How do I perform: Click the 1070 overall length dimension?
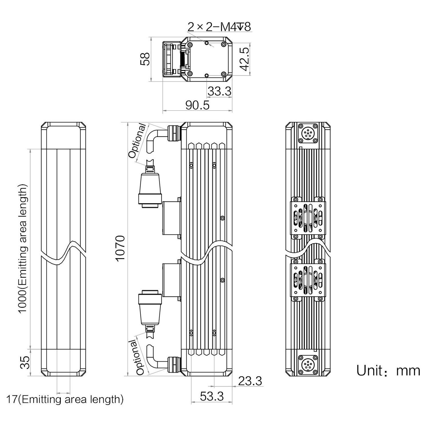120,248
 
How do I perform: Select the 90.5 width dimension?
197,105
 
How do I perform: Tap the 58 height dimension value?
146,59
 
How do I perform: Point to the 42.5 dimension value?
245,59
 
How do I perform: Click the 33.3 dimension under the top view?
219,91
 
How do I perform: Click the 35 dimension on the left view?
25,362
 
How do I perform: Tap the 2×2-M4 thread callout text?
219,27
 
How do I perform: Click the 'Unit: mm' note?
388,371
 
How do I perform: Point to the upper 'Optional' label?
137,141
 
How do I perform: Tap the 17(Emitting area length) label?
65,399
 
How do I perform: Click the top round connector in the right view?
308,133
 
